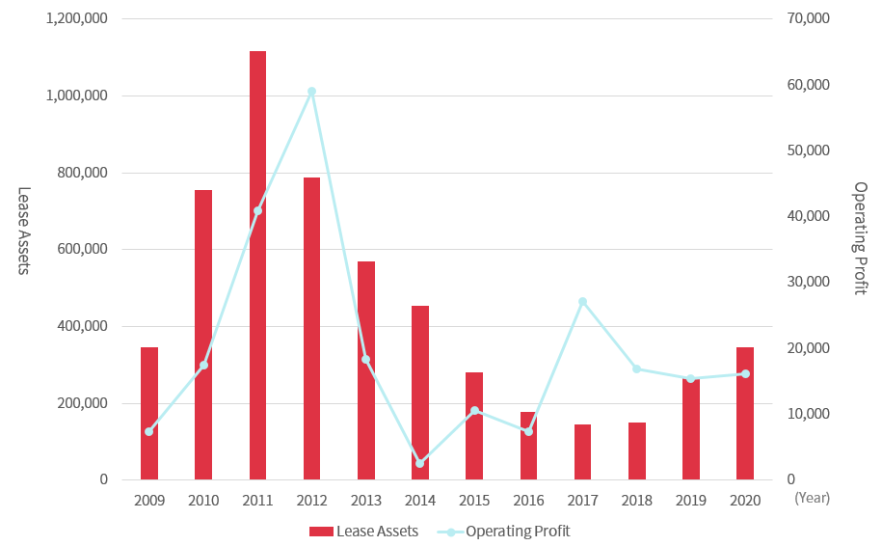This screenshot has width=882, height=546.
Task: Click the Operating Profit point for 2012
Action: [x=311, y=92]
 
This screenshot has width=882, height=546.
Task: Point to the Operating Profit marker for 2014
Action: [x=420, y=463]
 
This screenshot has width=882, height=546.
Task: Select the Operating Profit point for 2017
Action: [x=582, y=302]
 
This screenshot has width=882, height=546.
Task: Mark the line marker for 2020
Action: [x=745, y=373]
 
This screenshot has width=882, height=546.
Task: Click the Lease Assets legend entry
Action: [x=363, y=531]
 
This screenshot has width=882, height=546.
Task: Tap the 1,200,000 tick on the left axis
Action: [x=76, y=19]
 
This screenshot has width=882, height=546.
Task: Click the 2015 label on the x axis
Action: [x=474, y=500]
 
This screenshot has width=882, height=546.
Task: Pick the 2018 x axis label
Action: [x=636, y=500]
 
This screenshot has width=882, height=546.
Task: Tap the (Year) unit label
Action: [x=812, y=500]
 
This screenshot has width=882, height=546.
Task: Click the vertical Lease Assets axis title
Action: [x=24, y=231]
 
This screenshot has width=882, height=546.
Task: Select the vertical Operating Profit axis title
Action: [x=860, y=238]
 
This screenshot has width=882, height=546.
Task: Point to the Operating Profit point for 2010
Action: [x=203, y=365]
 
